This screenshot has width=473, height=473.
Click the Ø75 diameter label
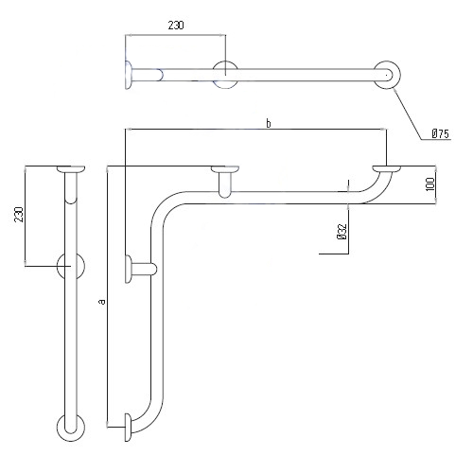pyautogui.click(x=440, y=135)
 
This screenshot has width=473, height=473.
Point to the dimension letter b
pyautogui.click(x=268, y=123)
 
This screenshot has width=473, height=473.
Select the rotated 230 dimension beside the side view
pyautogui.click(x=17, y=217)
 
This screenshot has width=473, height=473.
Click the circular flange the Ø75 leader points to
pyautogui.click(x=386, y=75)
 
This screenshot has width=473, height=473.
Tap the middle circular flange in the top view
pyautogui.click(x=225, y=74)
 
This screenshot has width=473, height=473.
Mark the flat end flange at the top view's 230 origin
pyautogui.click(x=127, y=74)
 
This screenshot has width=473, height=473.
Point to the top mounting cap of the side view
pyautogui.click(x=71, y=171)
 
